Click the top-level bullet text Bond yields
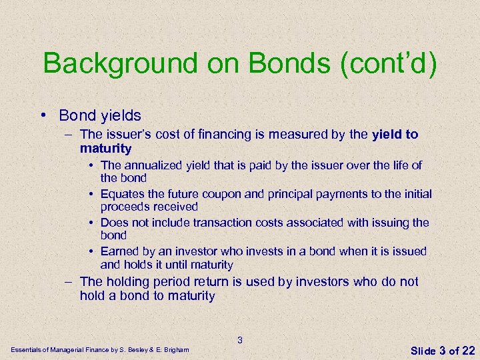[100, 115]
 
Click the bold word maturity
[105, 148]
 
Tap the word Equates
[123, 194]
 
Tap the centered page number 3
[240, 341]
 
